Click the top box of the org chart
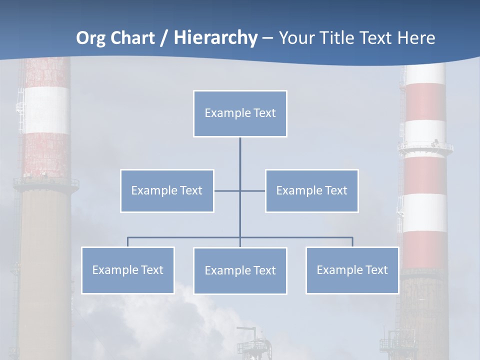point(240,113)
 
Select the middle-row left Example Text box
point(167,191)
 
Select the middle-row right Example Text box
point(311,191)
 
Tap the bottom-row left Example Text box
point(127,270)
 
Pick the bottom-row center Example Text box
point(240,271)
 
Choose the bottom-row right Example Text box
point(352,270)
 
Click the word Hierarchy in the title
point(215,38)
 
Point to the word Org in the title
point(90,38)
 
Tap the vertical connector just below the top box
point(240,150)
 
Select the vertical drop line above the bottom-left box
point(127,242)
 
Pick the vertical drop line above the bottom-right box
point(352,242)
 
